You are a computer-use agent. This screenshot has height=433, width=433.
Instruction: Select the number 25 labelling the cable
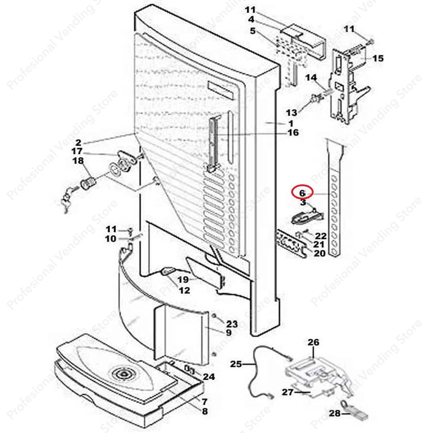pyautogui.click(x=237, y=364)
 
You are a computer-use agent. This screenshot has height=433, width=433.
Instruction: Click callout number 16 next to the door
pyautogui.click(x=293, y=132)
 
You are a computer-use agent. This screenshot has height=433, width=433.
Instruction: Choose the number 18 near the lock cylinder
pyautogui.click(x=78, y=161)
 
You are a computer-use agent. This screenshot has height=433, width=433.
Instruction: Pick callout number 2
pyautogui.click(x=78, y=142)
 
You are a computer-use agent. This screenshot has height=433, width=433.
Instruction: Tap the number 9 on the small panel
pyautogui.click(x=228, y=333)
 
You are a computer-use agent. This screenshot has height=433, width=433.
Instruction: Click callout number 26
pyautogui.click(x=313, y=342)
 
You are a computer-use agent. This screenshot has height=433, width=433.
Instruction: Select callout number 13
pyautogui.click(x=291, y=113)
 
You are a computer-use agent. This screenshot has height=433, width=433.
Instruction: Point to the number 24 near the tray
pyautogui.click(x=208, y=377)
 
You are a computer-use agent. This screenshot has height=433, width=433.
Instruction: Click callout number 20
pyautogui.click(x=320, y=253)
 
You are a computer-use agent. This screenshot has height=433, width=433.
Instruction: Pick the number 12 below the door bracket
pyautogui.click(x=184, y=291)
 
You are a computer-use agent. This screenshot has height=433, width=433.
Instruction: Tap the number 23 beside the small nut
pyautogui.click(x=232, y=324)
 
